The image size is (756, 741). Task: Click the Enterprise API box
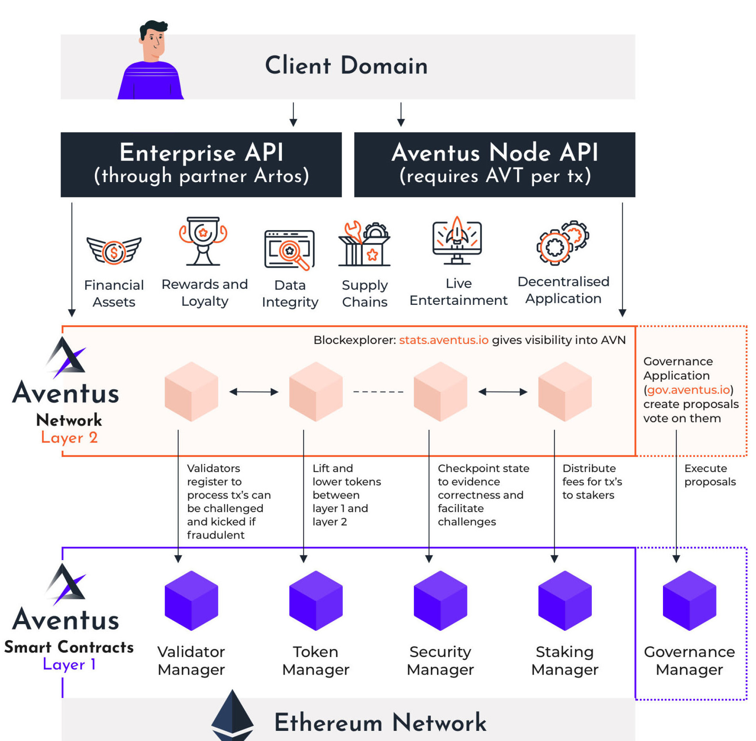(x=201, y=164)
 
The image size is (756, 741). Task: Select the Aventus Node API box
(x=494, y=164)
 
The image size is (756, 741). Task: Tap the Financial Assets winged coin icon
(x=114, y=251)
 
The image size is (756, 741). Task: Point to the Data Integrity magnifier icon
(x=290, y=250)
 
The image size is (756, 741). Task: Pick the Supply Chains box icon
(x=364, y=244)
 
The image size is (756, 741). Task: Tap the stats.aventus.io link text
(x=443, y=340)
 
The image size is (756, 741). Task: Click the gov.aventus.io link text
(x=688, y=390)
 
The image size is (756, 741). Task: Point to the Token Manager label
(x=315, y=660)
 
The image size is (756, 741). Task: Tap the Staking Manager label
(x=564, y=660)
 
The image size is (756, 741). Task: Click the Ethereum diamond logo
(x=232, y=715)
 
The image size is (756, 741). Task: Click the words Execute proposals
(x=709, y=475)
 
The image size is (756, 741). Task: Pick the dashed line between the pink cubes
(x=378, y=392)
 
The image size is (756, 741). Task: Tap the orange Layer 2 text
(x=69, y=437)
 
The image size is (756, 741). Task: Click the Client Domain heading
(x=346, y=65)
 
